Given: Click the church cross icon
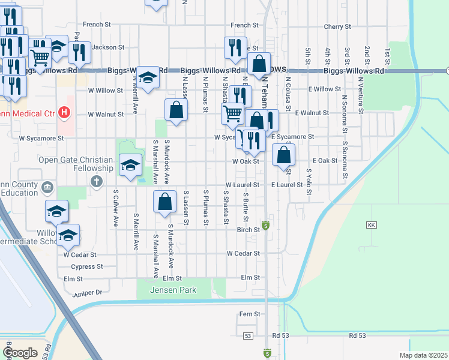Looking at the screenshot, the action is tap(95, 181).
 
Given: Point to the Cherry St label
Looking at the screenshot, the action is tap(337, 27).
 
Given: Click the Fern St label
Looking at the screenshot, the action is tap(249, 314).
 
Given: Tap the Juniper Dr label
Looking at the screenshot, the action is tap(87, 292).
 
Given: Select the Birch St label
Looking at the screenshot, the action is tap(248, 229).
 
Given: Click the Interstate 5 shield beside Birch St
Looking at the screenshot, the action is tap(265, 226).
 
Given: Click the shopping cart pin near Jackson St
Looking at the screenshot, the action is tap(40, 57).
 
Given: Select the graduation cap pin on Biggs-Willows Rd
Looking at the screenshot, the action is tap(148, 77).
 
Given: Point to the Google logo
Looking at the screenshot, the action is tap(20, 352).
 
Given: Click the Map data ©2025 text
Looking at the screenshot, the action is tap(423, 355).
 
